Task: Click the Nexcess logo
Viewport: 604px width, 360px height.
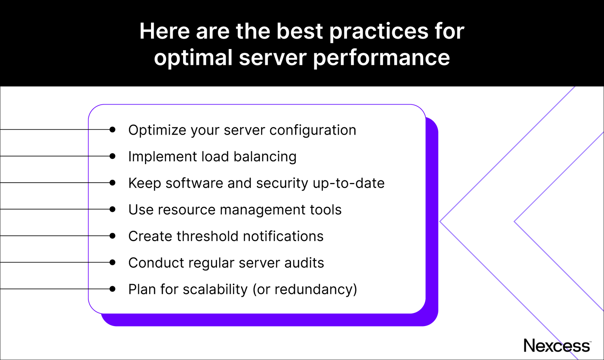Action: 557,346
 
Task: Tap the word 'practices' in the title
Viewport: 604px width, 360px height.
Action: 379,31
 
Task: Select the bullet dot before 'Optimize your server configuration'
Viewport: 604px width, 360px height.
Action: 112,129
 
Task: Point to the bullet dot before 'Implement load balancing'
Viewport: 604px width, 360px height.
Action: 112,156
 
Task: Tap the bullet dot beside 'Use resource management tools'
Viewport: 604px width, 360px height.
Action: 112,209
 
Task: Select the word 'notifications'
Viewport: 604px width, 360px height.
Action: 283,236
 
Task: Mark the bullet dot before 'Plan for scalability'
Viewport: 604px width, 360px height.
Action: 112,289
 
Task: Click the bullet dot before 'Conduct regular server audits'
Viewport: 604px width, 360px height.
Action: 112,262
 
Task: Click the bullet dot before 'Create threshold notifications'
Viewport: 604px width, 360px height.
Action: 112,236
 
